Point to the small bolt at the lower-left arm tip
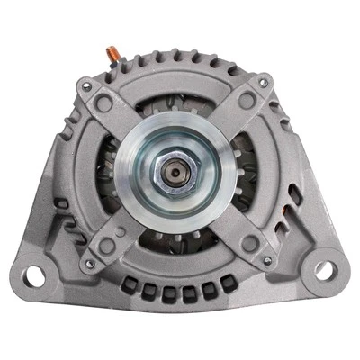[x=89, y=264]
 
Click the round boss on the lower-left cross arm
[x=110, y=243]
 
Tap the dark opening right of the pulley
[x=248, y=171]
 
